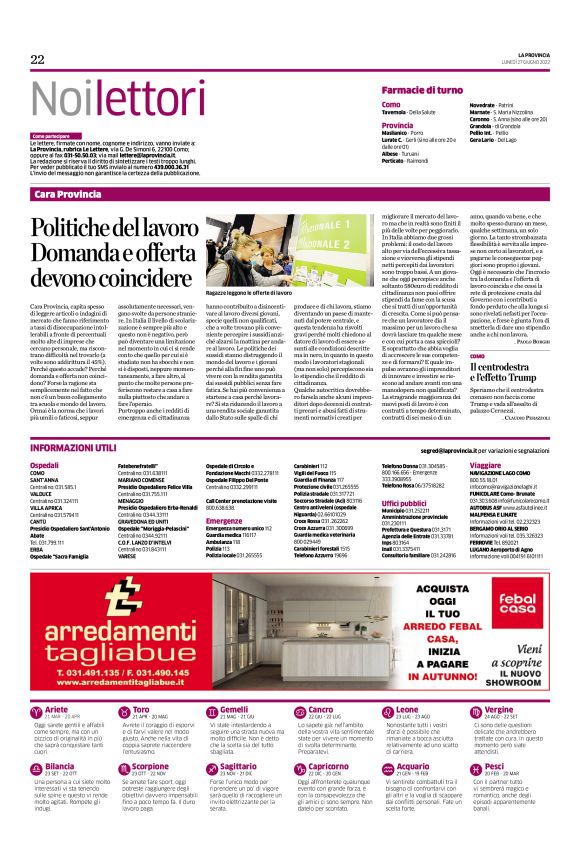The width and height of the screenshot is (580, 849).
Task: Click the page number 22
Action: [x=37, y=60]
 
